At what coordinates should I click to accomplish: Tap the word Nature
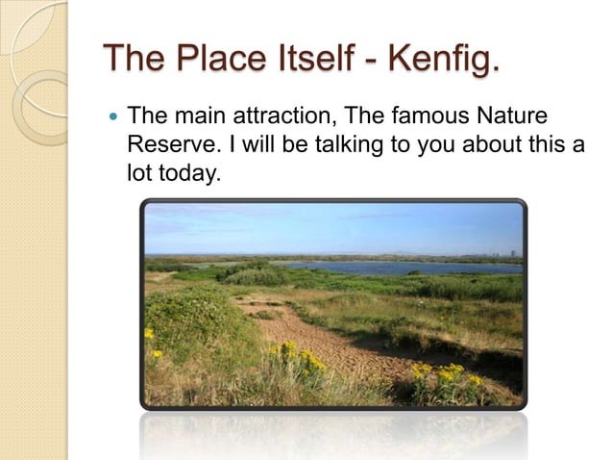click(x=512, y=118)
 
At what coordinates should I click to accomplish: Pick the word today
click(x=183, y=172)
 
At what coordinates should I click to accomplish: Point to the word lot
click(x=138, y=172)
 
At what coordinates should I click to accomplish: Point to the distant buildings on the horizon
click(x=514, y=253)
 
